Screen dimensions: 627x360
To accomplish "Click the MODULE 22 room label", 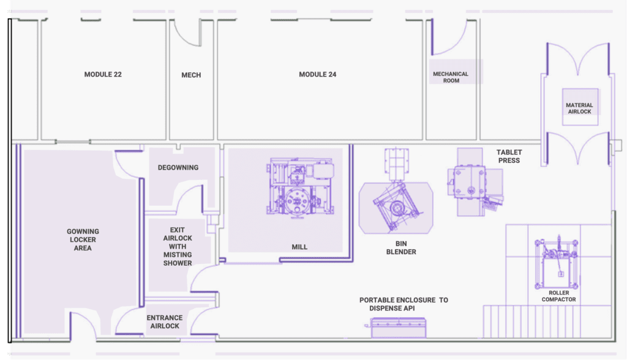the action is [103, 75].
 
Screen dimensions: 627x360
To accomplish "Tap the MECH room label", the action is [191, 75].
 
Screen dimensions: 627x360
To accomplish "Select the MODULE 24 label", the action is [318, 75].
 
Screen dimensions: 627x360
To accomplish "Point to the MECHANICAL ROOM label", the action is [451, 77].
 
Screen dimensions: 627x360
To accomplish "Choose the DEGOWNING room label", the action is [178, 168].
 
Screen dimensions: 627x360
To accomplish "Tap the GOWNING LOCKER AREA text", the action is [83, 239].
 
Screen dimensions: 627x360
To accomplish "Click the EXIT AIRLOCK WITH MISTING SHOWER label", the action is [178, 246].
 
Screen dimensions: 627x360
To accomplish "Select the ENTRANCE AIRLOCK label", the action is [165, 321].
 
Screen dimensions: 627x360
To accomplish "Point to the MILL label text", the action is [299, 247].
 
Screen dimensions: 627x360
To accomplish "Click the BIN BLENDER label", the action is [401, 247].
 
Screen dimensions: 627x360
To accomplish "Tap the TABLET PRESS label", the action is [509, 156].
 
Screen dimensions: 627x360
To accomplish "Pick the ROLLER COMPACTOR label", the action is [558, 296].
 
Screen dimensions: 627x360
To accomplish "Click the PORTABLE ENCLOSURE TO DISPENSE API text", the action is [404, 304].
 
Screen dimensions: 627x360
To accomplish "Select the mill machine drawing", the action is [300, 187].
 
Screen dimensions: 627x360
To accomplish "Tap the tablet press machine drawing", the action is [475, 182].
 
